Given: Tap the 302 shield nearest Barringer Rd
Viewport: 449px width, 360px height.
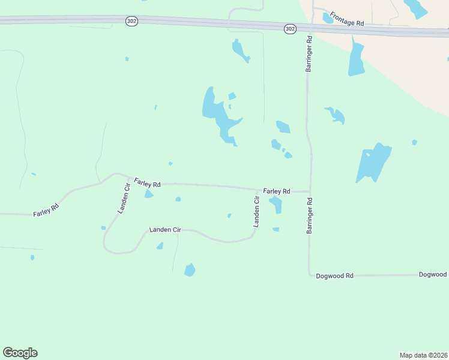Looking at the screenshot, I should point(290,28).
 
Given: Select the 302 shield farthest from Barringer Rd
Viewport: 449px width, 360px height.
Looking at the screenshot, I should point(132,21).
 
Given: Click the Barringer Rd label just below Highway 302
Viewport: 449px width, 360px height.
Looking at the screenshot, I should point(309,55).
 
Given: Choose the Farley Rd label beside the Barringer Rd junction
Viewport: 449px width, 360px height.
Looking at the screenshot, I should point(277,191).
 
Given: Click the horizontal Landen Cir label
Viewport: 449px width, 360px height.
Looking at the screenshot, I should point(165,230).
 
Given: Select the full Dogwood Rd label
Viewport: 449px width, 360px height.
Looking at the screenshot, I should point(335,275).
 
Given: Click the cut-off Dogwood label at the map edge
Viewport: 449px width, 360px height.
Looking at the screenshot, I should point(433,274).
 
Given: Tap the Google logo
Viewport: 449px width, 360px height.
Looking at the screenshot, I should point(20,353).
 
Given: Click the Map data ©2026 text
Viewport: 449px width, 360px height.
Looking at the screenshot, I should point(423,355).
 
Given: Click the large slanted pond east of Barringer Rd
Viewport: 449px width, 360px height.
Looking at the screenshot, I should point(373,162).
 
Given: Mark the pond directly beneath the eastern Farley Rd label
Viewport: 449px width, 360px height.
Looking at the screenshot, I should point(276,204).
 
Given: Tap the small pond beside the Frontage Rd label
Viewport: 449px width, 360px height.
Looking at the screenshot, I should point(328,18).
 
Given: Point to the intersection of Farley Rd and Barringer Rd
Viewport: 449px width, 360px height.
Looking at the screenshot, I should point(310,192).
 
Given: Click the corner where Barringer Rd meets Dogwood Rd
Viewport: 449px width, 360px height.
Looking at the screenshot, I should point(309,275).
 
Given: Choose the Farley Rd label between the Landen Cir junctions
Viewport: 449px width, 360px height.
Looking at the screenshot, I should point(147,182).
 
